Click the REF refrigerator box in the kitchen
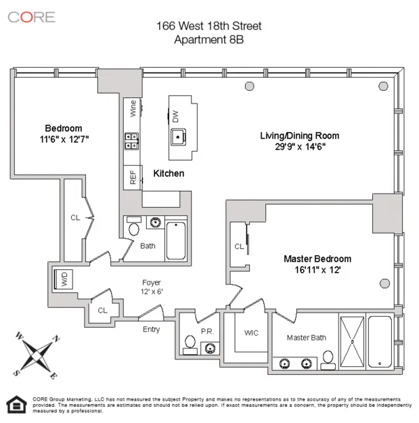(133, 178)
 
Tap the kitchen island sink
(179, 136)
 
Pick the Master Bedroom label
(317, 259)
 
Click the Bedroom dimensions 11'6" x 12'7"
(64, 140)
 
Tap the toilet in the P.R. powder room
(189, 343)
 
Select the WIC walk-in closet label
(251, 333)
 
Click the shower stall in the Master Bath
(352, 341)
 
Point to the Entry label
(151, 329)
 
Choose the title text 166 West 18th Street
(209, 26)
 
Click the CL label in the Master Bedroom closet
(239, 246)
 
